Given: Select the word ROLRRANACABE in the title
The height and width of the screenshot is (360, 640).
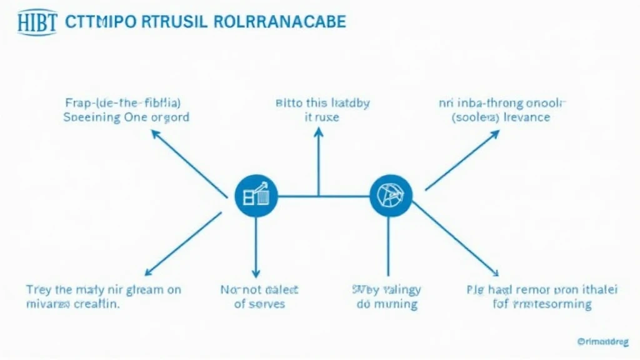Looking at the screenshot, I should coord(279,21).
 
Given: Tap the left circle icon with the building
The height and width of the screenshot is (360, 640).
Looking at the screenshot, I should coord(256,196).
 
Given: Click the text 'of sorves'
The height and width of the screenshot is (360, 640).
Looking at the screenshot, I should coord(260,304).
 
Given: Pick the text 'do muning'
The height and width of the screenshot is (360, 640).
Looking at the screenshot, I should coord(387,304).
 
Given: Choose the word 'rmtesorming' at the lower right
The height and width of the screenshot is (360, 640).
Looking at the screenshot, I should coord(552,304).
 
